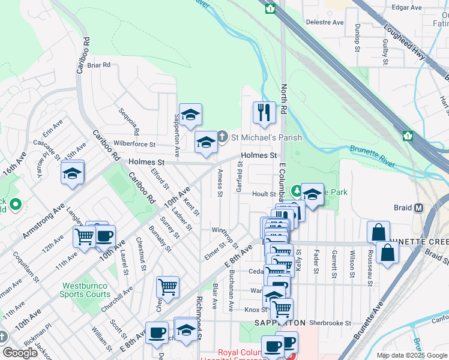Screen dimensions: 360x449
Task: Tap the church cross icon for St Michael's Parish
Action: (222, 137)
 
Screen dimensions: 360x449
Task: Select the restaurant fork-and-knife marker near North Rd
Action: (264, 112)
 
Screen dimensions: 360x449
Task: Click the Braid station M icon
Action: (419, 208)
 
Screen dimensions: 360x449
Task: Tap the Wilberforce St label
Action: (134, 145)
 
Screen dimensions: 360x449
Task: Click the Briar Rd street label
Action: (98, 65)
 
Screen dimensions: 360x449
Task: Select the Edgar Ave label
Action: (407, 7)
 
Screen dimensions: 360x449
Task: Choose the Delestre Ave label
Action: (325, 22)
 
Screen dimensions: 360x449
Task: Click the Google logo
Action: (20, 352)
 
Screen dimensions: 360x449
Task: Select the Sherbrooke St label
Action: (331, 323)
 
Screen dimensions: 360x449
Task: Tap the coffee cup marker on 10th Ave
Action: (104, 236)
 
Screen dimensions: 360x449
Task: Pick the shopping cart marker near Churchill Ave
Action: (167, 286)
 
